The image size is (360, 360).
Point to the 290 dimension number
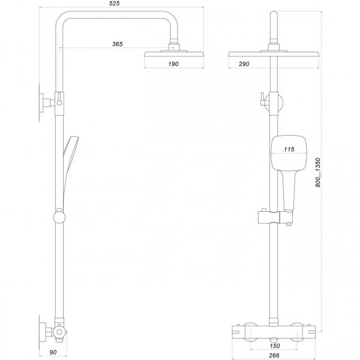(242, 63)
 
